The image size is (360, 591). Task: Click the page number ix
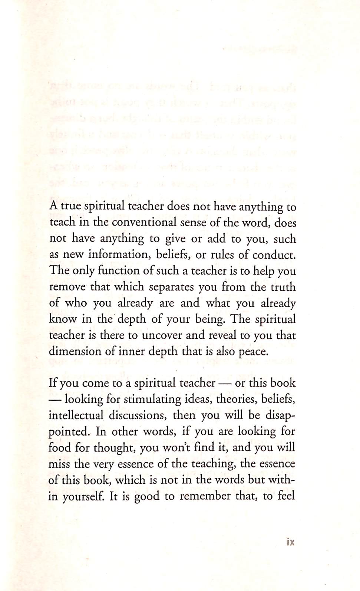click(290, 542)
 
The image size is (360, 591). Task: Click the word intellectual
click(76, 415)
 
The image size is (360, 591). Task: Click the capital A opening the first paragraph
click(53, 206)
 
